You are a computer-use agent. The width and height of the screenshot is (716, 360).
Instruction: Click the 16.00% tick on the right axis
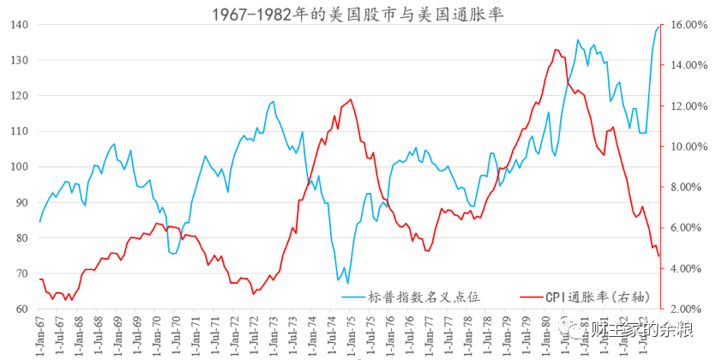coord(687,25)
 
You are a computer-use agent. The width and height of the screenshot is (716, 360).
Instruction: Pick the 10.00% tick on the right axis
coord(687,147)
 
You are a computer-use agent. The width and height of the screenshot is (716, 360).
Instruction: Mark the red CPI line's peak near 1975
coord(350,99)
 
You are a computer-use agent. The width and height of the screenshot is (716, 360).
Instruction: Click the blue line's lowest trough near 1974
coord(347,283)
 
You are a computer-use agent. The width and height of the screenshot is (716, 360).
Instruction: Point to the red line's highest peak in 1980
coord(557,50)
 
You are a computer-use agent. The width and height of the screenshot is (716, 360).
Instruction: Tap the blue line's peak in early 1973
coord(273,102)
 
